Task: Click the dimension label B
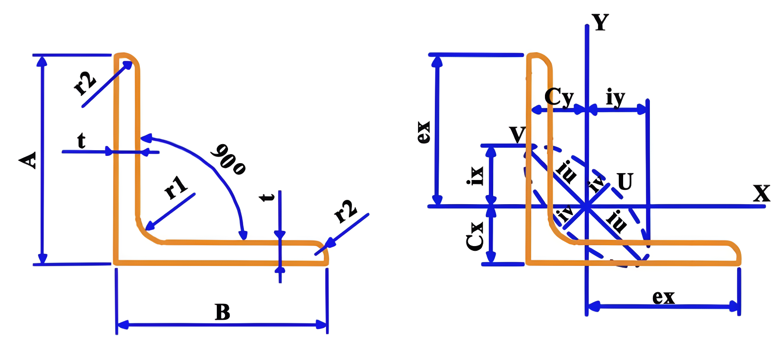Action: pos(222,312)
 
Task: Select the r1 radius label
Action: pos(176,187)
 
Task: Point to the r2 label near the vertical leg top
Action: pos(85,83)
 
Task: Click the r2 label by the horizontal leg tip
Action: pos(346,211)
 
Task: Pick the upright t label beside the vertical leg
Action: pos(81,141)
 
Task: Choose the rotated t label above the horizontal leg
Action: pos(267,197)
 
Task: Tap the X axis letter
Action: pos(761,193)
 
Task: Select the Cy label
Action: pos(559,97)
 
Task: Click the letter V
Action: pos(517,135)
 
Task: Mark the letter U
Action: pos(625,182)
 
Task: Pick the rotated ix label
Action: pos(476,176)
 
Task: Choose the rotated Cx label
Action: pos(475,236)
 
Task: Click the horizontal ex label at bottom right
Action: pos(663,297)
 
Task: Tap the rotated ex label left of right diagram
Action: pos(424,132)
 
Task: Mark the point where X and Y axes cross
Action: pos(586,206)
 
